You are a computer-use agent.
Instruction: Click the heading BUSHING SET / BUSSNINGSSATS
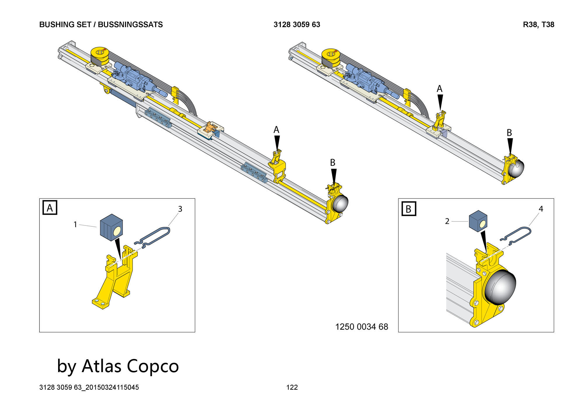pos(101,25)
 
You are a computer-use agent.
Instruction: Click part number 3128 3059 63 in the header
pos(297,25)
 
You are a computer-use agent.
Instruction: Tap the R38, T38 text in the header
pos(538,25)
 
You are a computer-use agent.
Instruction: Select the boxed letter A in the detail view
pos(50,208)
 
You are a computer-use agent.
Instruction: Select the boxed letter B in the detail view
pos(409,209)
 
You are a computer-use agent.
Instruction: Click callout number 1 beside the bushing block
pos(75,224)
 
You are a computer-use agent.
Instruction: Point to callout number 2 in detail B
pos(447,221)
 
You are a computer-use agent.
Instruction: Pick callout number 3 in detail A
pos(180,209)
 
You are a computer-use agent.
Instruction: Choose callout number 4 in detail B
pos(541,209)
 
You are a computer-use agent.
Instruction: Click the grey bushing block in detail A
pos(111,227)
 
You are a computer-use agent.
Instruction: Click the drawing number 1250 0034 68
pos(361,327)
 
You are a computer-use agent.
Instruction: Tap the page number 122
pos(292,387)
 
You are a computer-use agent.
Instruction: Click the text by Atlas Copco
pos(118,366)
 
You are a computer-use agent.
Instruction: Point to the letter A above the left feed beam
pos(276,130)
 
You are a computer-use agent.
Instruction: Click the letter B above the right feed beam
pos(509,133)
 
